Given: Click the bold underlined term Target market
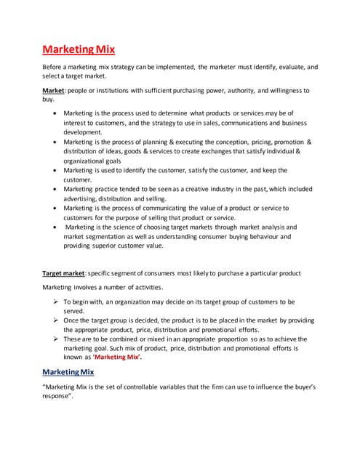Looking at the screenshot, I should (x=63, y=273).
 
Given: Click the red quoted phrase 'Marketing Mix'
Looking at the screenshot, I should (x=116, y=358).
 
